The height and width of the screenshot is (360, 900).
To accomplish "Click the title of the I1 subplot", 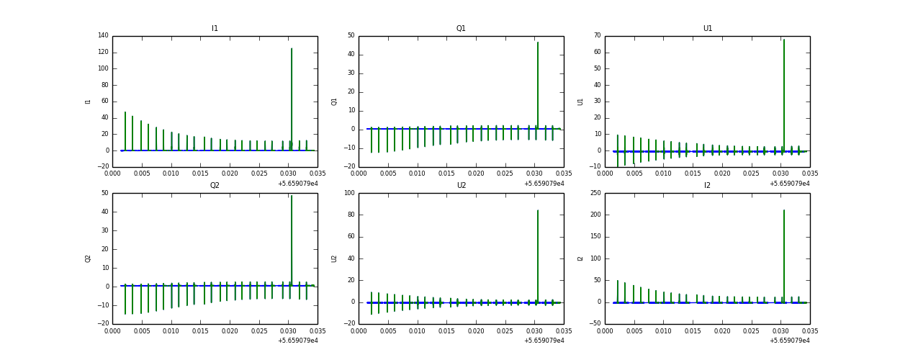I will click(x=215, y=29).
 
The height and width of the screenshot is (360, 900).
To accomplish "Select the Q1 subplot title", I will click(x=461, y=29).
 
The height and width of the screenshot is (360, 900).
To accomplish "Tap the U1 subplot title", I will click(x=707, y=29).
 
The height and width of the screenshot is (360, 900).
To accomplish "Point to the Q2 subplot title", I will click(x=215, y=186).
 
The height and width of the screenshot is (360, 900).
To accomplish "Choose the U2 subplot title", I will click(x=461, y=186).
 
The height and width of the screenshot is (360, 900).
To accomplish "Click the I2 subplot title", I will click(x=707, y=186).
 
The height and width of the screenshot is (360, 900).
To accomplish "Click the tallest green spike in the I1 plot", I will click(x=292, y=50).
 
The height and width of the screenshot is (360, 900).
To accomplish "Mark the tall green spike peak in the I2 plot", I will click(x=784, y=211).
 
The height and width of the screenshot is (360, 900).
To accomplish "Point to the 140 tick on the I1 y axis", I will click(x=103, y=35).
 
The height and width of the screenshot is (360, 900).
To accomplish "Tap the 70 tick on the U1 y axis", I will click(x=596, y=35).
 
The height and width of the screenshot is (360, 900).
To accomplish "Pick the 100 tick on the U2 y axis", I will click(x=348, y=193).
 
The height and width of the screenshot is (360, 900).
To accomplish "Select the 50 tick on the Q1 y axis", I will click(x=351, y=35).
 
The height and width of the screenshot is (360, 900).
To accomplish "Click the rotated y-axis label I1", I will click(x=88, y=102).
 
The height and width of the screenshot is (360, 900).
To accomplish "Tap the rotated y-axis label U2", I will click(x=334, y=258).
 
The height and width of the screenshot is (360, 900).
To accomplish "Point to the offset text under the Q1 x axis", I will click(x=544, y=184).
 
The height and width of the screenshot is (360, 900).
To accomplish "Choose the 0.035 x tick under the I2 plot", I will click(x=809, y=331).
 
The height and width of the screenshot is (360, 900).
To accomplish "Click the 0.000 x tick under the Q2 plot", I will click(x=113, y=331).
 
